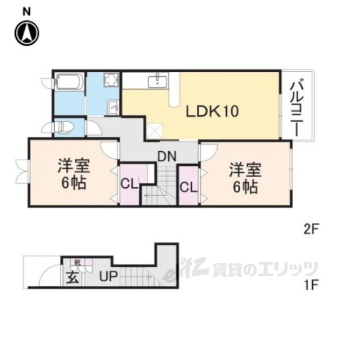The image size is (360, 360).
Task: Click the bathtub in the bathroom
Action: point(69,85)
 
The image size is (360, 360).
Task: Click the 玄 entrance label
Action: point(73,277)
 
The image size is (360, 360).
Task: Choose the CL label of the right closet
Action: point(188,186)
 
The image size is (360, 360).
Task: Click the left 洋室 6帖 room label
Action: point(73,174)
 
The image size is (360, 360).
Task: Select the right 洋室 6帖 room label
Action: point(244,177)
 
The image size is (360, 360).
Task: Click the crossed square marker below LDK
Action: point(154,133)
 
